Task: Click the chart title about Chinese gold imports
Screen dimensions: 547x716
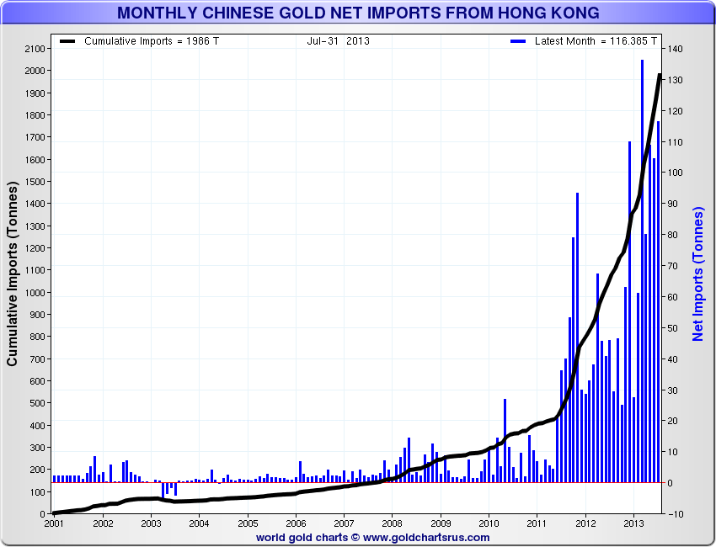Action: [358, 13]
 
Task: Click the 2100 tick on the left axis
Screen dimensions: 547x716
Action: [33, 49]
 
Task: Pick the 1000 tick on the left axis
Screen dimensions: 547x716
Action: [33, 292]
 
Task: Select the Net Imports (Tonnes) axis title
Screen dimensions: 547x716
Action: [698, 273]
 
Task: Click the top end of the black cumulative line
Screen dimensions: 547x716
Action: [660, 75]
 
